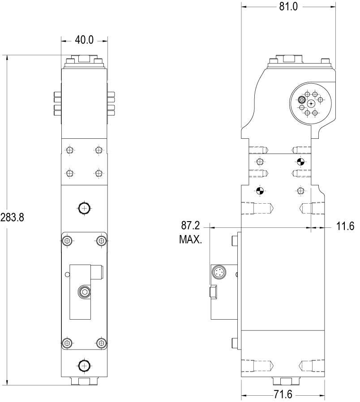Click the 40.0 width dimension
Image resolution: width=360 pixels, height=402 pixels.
(84, 40)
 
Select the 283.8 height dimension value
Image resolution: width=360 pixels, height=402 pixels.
(12, 218)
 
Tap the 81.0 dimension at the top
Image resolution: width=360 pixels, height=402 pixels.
(288, 6)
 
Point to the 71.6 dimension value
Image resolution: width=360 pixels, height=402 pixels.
(283, 394)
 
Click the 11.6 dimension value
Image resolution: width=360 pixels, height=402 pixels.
(345, 227)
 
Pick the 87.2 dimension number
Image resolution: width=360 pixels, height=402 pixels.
(190, 226)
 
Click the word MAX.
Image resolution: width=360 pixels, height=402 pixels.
(190, 239)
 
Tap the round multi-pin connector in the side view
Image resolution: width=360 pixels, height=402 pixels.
(219, 272)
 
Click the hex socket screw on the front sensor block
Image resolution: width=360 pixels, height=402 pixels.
(84, 292)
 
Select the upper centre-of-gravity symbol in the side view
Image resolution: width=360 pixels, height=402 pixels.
(300, 162)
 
